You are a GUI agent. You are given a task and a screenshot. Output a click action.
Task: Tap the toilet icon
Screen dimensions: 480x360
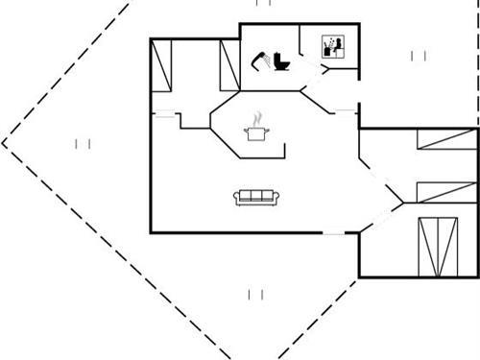281,60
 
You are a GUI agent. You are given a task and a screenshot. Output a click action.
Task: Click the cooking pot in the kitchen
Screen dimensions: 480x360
256,133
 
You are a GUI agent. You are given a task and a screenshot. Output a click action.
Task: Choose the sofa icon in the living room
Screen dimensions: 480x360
256,197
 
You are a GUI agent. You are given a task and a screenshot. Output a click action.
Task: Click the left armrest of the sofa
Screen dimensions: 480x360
236,198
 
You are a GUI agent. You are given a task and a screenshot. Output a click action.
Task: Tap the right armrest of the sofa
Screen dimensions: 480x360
276,198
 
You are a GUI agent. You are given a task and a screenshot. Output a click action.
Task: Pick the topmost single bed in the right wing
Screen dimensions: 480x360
445,141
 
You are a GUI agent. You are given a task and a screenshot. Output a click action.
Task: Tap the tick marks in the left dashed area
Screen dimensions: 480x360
84,144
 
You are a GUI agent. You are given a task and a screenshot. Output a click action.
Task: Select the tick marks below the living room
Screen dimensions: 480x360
255,294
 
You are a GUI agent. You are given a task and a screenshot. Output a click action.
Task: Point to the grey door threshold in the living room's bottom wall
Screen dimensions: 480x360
336,232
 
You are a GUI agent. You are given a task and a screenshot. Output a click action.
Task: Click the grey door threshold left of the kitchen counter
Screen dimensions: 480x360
165,115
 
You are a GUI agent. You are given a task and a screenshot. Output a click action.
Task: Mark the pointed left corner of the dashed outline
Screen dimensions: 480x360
3,144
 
